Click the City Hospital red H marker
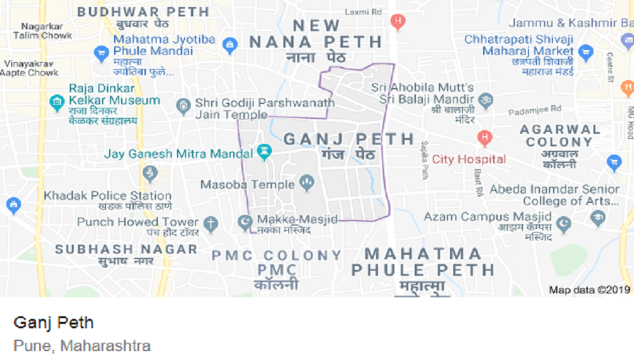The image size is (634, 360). pyautogui.click(x=485, y=136)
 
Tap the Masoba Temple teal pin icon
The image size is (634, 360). pyautogui.click(x=307, y=184)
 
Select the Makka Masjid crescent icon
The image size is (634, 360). pyautogui.click(x=245, y=222)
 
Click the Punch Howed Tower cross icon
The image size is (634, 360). pyautogui.click(x=210, y=223)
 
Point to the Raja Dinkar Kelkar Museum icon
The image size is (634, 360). pyautogui.click(x=57, y=101)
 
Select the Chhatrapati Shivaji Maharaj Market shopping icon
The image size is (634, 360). pyautogui.click(x=586, y=52)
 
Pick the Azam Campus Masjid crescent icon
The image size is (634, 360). pyautogui.click(x=563, y=224)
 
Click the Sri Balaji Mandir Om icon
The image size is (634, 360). pyautogui.click(x=486, y=100)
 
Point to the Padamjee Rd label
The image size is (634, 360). pyautogui.click(x=536, y=110)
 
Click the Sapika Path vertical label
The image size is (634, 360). pyautogui.click(x=425, y=160)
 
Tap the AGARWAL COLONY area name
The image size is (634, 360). pyautogui.click(x=559, y=135)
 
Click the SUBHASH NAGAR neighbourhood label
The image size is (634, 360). pyautogui.click(x=126, y=249)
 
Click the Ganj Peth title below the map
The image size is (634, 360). pyautogui.click(x=53, y=323)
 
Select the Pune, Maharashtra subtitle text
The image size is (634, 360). pyautogui.click(x=82, y=346)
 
